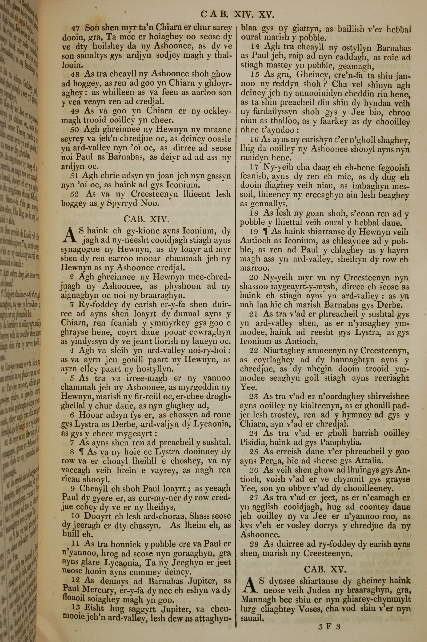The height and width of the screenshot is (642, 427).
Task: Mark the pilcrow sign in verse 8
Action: point(80,452)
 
